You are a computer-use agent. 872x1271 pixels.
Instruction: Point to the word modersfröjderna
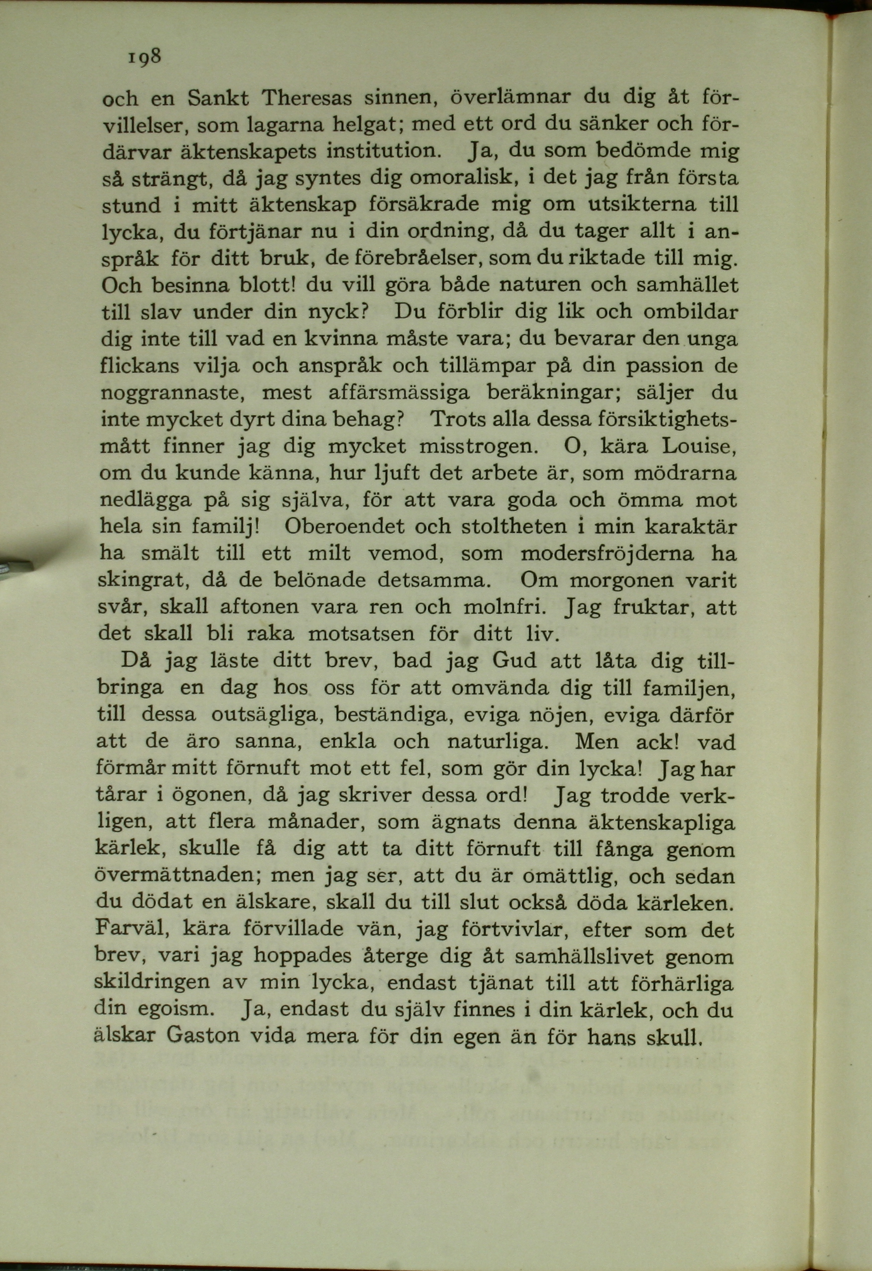tap(607, 553)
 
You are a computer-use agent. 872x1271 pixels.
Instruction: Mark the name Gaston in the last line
tap(202, 1036)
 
